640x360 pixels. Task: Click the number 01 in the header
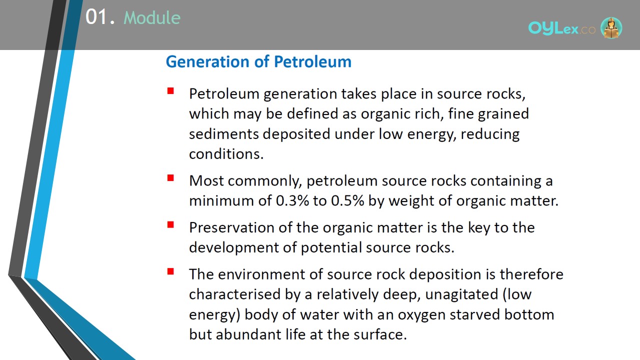pyautogui.click(x=96, y=17)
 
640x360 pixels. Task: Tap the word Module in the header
pyautogui.click(x=152, y=17)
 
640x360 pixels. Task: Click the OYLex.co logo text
pyautogui.click(x=561, y=28)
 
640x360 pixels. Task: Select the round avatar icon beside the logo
pyautogui.click(x=611, y=28)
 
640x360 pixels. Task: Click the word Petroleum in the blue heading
pyautogui.click(x=312, y=61)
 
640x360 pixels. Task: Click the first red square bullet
pyautogui.click(x=170, y=91)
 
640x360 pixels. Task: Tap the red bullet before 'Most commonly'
pyautogui.click(x=170, y=178)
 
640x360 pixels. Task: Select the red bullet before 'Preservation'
pyautogui.click(x=170, y=225)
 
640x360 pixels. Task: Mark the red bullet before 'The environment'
pyautogui.click(x=170, y=271)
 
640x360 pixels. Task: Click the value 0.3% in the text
pyautogui.click(x=292, y=200)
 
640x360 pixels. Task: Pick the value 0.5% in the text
pyautogui.click(x=347, y=200)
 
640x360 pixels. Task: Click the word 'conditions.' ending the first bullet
pyautogui.click(x=226, y=154)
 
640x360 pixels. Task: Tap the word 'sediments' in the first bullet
pyautogui.click(x=223, y=134)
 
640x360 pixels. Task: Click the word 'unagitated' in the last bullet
pyautogui.click(x=461, y=295)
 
